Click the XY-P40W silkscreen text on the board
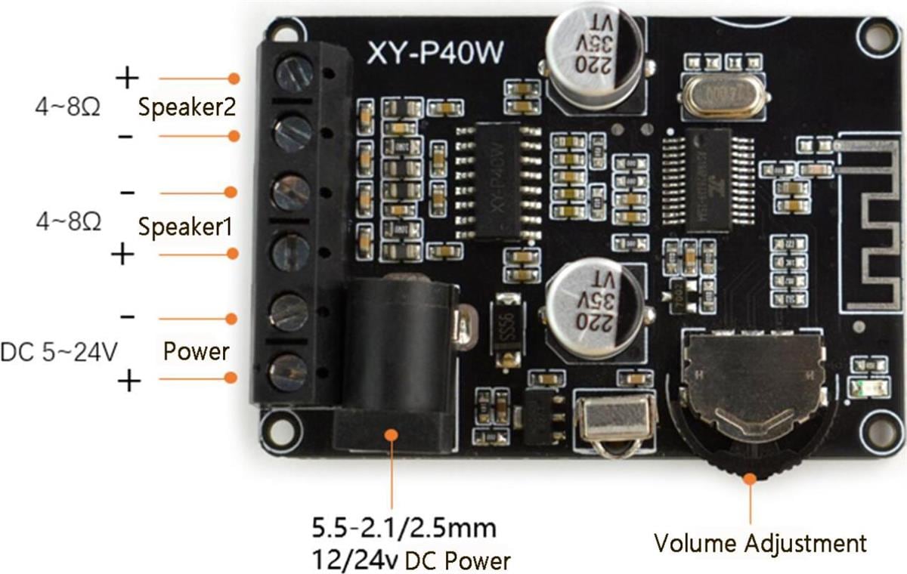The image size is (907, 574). [436, 54]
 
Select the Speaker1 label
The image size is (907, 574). [185, 226]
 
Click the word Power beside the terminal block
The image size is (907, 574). [197, 351]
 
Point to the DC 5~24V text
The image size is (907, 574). [58, 352]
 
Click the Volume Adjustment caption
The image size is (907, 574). [760, 542]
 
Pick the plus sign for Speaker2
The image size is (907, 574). [128, 77]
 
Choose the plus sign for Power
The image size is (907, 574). [130, 382]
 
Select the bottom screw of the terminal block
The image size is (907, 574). [289, 372]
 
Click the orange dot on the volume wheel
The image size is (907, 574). [751, 477]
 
